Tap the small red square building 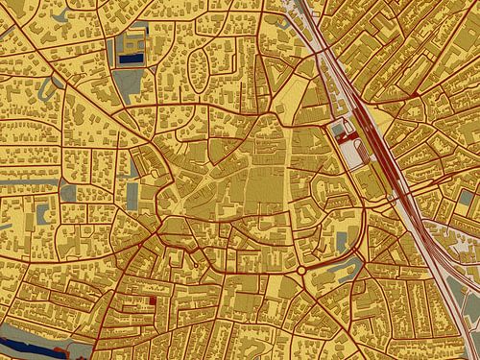[153, 300]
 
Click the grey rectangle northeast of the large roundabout [342, 237]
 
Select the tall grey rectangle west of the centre [132, 194]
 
